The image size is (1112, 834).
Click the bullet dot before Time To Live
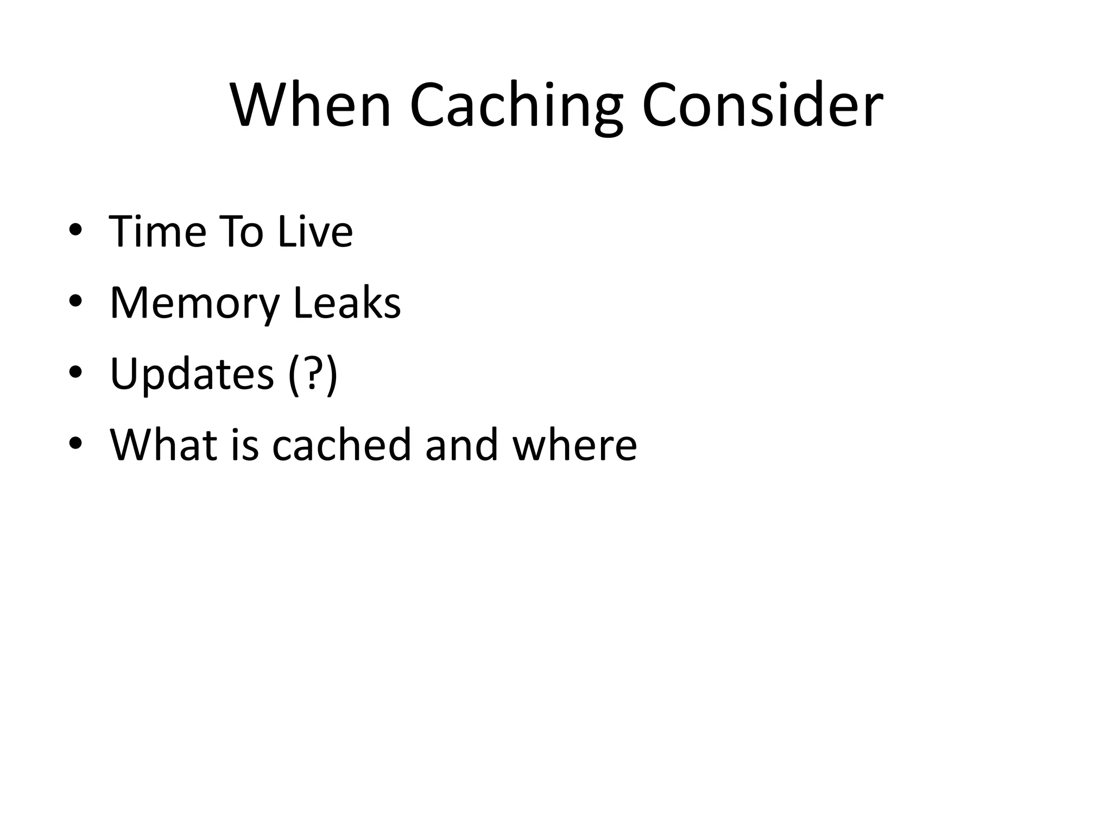[75, 230]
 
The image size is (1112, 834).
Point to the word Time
[157, 231]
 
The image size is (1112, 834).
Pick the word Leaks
[347, 302]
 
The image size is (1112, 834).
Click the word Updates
[192, 374]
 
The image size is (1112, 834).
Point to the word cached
[342, 444]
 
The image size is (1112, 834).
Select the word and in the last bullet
[462, 444]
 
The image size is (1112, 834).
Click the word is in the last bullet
[244, 444]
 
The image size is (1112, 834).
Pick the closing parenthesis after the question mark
[331, 374]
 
